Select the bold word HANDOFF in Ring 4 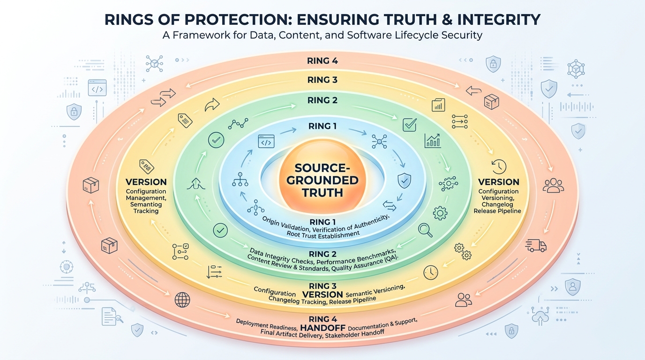(322, 328)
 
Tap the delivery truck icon (536, 246)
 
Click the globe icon (182, 300)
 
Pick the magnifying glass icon (425, 230)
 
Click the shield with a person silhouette (572, 286)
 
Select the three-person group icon (553, 185)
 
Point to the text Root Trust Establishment (323, 234)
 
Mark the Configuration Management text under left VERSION (146, 195)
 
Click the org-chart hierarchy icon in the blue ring (240, 179)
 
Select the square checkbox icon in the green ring (410, 125)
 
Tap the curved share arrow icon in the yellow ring (212, 105)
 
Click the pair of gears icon (463, 252)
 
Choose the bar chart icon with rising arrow (433, 141)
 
